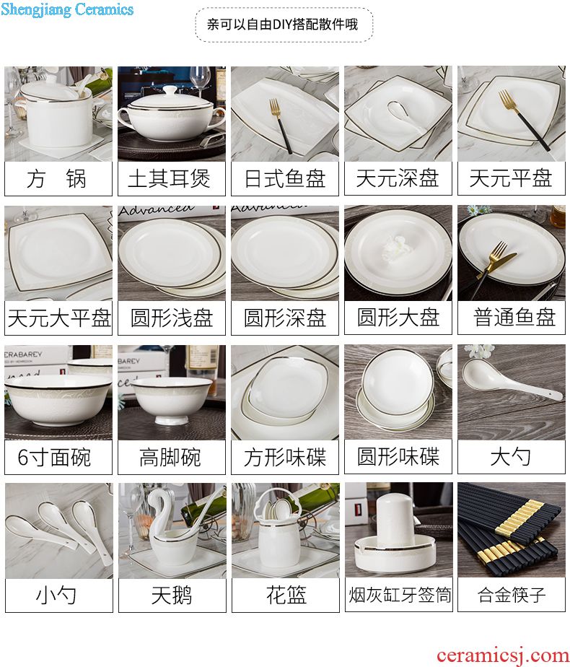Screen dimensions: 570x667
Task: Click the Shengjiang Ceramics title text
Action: pos(67,9)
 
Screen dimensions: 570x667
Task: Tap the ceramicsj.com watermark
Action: pos(502,655)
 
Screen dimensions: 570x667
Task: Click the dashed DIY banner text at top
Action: pos(282,25)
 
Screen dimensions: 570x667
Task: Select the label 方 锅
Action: pos(56,179)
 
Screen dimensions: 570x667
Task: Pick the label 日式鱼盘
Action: pos(285,179)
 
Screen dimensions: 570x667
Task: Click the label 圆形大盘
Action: pos(398,318)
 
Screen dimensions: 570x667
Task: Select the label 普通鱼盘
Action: pos(514,317)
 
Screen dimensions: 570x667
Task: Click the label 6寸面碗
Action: pos(54,457)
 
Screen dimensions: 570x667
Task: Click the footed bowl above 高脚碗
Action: pos(172,401)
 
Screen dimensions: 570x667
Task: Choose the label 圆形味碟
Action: pos(398,457)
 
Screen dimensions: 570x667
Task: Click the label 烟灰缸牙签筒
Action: pos(400,595)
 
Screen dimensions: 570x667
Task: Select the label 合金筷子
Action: pos(512,594)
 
